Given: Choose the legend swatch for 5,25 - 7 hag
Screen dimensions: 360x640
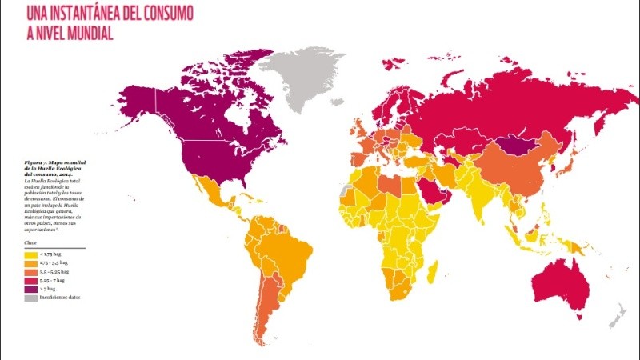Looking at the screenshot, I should tap(30, 280).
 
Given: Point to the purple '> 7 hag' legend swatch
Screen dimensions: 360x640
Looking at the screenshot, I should tap(30, 289).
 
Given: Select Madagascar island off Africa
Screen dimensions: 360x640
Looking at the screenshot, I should tap(431, 276).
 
